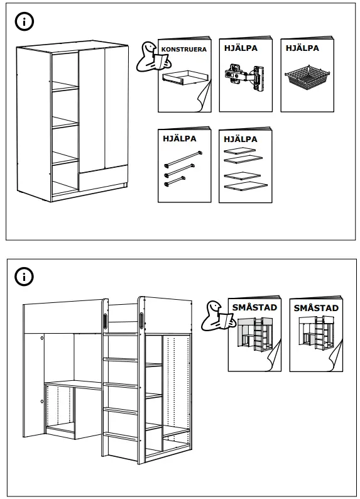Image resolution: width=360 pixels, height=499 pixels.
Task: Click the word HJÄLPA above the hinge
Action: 241,48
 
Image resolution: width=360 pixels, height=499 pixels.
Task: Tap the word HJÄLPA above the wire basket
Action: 302,48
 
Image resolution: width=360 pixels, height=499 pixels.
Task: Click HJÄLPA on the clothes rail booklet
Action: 180,139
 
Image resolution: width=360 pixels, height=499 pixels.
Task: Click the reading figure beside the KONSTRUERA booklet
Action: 153,57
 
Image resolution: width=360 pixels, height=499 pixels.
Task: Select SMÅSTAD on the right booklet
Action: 316,308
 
